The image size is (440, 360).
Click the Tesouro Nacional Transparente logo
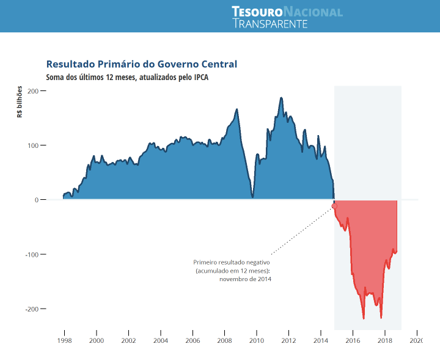[x=287, y=17]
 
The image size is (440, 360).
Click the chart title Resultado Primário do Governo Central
[x=141, y=64]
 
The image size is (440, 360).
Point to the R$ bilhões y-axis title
[x=20, y=101]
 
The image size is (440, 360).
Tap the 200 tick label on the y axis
[x=32, y=91]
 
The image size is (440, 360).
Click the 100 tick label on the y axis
[x=32, y=145]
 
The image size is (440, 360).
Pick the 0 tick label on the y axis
[x=36, y=200]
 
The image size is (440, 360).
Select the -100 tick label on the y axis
[x=31, y=254]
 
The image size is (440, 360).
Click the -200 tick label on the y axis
[x=31, y=309]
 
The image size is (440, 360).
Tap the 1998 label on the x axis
[x=64, y=340]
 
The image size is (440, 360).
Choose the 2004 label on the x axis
[x=160, y=340]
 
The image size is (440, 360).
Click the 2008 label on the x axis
[x=224, y=340]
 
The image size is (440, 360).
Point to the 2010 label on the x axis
[x=256, y=340]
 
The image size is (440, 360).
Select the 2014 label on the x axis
[x=320, y=340]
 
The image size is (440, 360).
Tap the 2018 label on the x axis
[x=384, y=340]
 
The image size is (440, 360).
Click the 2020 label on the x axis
[x=416, y=340]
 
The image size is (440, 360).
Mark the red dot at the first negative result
[x=334, y=206]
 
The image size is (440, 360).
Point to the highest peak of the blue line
[x=281, y=98]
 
